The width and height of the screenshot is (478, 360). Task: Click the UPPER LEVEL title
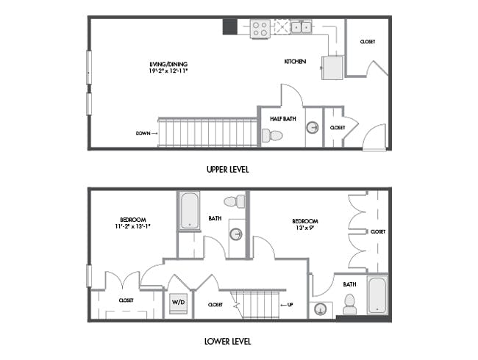pyautogui.click(x=228, y=169)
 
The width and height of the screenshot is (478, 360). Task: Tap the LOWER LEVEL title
pyautogui.click(x=228, y=341)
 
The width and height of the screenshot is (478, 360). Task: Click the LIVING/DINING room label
pyautogui.click(x=168, y=64)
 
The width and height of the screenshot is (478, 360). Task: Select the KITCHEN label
pyautogui.click(x=295, y=62)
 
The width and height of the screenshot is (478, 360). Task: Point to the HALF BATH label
pyautogui.click(x=283, y=119)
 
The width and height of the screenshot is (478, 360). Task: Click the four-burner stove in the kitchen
pyautogui.click(x=260, y=29)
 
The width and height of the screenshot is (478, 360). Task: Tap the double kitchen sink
pyautogui.click(x=302, y=27)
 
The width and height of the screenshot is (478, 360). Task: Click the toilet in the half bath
pyautogui.click(x=272, y=135)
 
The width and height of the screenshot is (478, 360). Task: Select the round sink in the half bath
pyautogui.click(x=313, y=127)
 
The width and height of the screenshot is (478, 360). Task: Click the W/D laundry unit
pyautogui.click(x=179, y=303)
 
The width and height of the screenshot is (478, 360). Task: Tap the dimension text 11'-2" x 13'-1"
pyautogui.click(x=133, y=226)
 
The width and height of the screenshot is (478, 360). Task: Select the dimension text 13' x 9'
pyautogui.click(x=305, y=228)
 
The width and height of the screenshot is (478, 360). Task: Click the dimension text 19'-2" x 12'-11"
pyautogui.click(x=168, y=71)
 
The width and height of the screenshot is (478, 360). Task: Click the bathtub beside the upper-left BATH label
pyautogui.click(x=189, y=211)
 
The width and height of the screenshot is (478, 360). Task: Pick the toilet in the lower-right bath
pyautogui.click(x=349, y=304)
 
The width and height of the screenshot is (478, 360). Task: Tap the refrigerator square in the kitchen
pyautogui.click(x=332, y=68)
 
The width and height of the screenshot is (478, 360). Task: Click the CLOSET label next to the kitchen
pyautogui.click(x=368, y=42)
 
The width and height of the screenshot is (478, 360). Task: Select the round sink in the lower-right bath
pyautogui.click(x=321, y=309)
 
